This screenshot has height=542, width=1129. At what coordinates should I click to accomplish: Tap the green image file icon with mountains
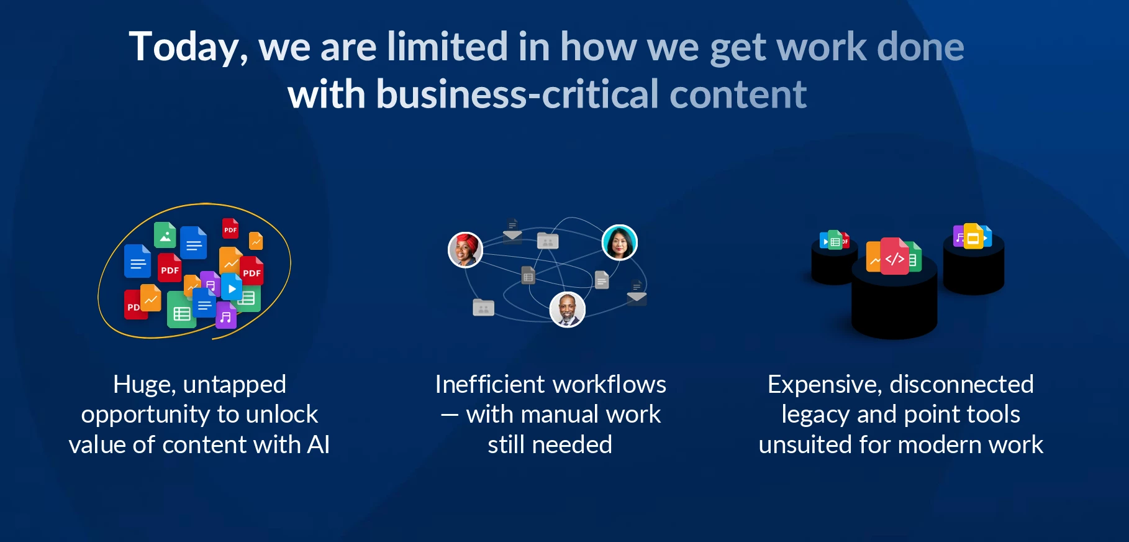[x=165, y=236]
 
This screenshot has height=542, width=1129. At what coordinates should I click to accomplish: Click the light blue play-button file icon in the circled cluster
[x=232, y=288]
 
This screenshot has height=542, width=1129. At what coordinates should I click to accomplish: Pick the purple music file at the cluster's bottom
[x=226, y=317]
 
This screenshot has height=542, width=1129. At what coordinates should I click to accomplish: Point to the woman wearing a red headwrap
[x=466, y=250]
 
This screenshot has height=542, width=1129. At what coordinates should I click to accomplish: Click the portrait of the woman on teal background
[x=619, y=242]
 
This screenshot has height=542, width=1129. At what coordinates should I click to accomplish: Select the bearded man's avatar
[x=568, y=310]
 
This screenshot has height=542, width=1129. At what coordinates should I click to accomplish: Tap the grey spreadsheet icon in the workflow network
[x=528, y=277]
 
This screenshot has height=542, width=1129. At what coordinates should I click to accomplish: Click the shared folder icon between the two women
[x=548, y=241]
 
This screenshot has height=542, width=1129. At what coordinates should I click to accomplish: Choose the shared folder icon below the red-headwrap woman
[x=483, y=308]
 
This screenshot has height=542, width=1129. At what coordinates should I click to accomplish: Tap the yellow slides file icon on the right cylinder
[x=973, y=237]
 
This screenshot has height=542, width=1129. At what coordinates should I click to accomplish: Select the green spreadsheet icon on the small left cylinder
[x=835, y=241]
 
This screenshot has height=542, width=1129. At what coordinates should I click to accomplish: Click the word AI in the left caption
[x=318, y=445]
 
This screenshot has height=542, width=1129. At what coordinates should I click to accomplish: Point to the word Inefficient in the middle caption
[x=489, y=385]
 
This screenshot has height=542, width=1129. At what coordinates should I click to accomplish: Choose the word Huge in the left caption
[x=144, y=385]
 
